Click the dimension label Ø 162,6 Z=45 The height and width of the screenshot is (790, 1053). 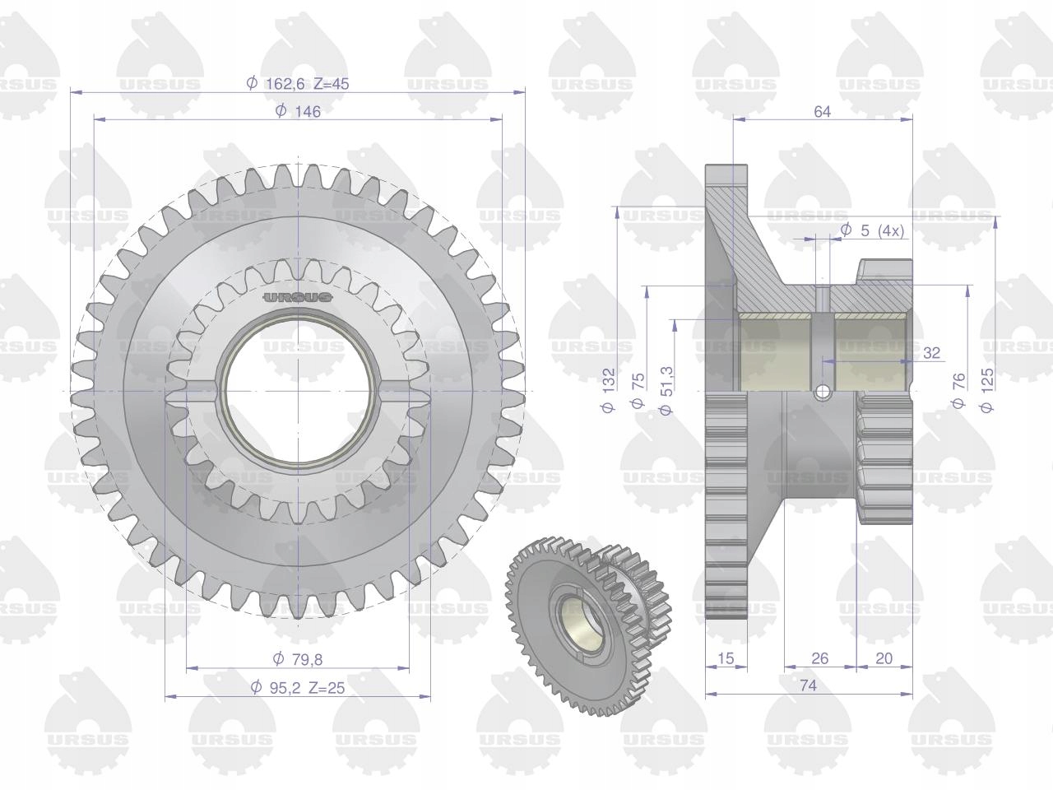click(298, 84)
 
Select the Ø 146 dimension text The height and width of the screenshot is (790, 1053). click(298, 111)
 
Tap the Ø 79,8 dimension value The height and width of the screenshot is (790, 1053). click(298, 659)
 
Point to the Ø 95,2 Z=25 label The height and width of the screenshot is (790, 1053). click(298, 688)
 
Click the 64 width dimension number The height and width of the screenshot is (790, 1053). click(822, 112)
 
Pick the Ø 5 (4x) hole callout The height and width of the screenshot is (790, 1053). click(873, 230)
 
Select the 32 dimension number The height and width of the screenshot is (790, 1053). click(931, 353)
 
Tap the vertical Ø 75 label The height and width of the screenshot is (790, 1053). click(638, 390)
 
